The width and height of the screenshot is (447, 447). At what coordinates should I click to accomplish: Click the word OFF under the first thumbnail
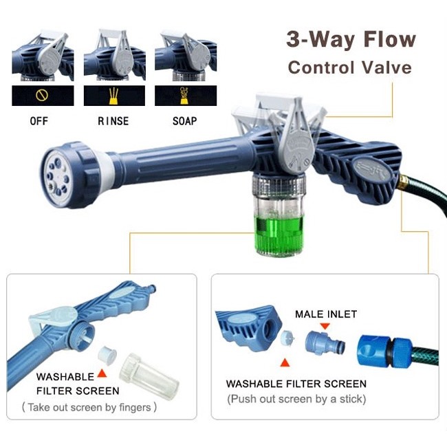pos(39,121)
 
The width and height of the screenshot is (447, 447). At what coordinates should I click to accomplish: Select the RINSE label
pos(113,121)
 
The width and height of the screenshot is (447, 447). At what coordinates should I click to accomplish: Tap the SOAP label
pos(185,121)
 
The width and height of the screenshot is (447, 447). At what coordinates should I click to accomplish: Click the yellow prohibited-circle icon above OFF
pos(42,95)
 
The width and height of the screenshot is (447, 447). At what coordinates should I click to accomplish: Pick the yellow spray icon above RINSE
pos(113,96)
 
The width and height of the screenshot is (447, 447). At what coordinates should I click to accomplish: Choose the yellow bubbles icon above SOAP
pos(184,96)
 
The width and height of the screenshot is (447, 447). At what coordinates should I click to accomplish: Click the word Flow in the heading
pos(389,39)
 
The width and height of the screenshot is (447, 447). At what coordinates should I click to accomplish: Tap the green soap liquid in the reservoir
pos(279,234)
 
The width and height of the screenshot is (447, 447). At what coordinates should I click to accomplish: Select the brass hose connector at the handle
pos(402,182)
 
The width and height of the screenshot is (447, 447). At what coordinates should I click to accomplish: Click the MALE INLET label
pos(326,314)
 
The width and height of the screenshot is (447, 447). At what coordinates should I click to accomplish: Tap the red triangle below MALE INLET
pos(325,326)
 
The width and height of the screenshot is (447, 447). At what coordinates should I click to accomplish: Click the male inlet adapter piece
pos(325,343)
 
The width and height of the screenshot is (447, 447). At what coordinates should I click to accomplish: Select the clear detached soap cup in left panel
pos(149,376)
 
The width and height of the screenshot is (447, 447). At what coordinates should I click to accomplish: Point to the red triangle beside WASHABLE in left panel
pos(102,373)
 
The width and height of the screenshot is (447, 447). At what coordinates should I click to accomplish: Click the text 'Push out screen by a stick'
pos(296,399)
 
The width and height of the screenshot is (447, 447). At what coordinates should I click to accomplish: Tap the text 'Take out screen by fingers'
pos(89,407)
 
